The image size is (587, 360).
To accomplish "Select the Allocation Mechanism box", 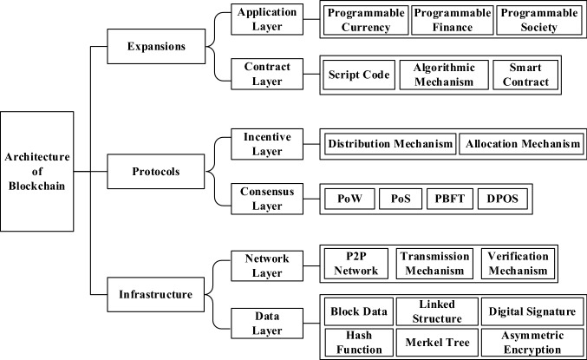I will coord(520,144).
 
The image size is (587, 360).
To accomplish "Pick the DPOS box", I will coord(501,199).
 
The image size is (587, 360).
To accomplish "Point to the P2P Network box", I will coord(355,265).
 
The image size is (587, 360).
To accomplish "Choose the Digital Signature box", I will coord(530,311).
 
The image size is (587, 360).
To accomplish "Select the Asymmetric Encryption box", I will coord(530,342).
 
